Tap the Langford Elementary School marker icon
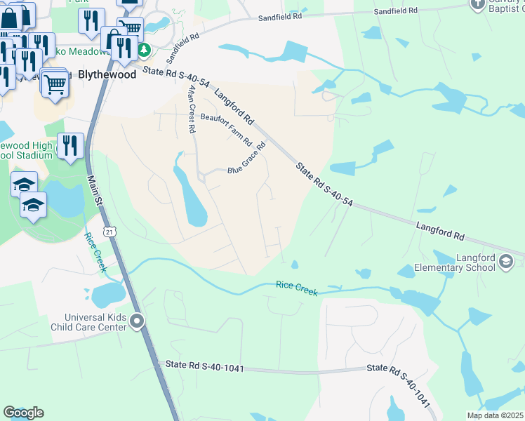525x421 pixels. (x=505, y=262)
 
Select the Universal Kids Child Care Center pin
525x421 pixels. (x=137, y=322)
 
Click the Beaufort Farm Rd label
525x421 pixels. (x=226, y=128)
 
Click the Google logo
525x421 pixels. (x=23, y=413)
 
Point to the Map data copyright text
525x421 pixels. (x=495, y=415)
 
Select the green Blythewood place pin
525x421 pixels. (x=144, y=50)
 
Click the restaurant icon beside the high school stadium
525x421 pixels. (x=70, y=146)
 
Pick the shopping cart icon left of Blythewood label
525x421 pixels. (x=55, y=83)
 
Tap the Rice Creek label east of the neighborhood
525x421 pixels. (x=297, y=285)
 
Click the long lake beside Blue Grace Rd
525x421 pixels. (x=189, y=197)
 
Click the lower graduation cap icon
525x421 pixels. (x=33, y=206)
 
